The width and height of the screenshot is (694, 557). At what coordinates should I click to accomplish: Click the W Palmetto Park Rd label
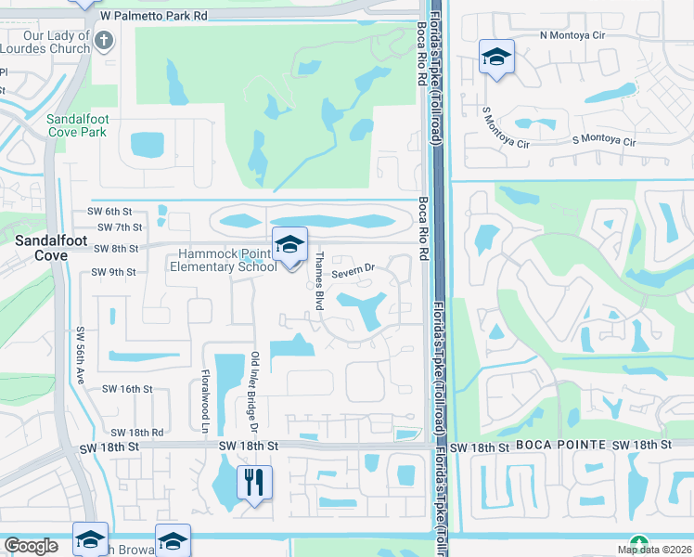[x=153, y=16]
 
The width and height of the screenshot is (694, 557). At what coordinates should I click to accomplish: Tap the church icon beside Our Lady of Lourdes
[x=104, y=41]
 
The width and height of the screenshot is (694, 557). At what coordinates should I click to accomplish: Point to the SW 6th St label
[x=111, y=211]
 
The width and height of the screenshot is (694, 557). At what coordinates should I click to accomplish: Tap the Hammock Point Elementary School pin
[x=290, y=246]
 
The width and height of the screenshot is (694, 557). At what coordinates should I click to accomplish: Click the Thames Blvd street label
[x=319, y=280]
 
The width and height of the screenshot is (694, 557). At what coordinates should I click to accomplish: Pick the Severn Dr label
[x=353, y=270]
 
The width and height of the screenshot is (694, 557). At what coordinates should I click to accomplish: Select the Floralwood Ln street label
[x=205, y=399]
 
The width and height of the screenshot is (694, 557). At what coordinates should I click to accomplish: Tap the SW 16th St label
[x=126, y=389]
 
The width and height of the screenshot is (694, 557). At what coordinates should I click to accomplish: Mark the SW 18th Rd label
[x=136, y=433]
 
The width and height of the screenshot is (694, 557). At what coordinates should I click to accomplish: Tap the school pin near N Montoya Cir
[x=496, y=58]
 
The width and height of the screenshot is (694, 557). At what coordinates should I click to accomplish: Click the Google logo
[x=31, y=546]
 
